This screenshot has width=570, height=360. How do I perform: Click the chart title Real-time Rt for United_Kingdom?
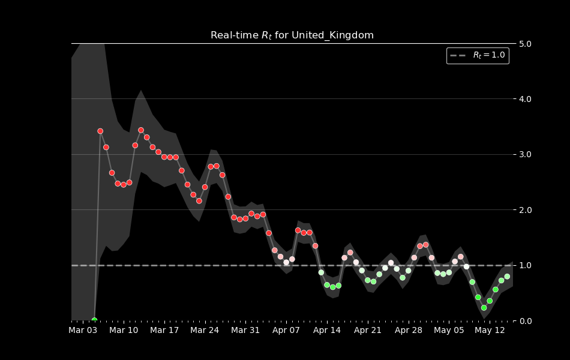pyautogui.click(x=292, y=35)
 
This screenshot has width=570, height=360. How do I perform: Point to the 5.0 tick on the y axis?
pyautogui.click(x=526, y=44)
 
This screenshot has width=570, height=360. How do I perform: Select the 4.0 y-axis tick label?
pyautogui.click(x=526, y=99)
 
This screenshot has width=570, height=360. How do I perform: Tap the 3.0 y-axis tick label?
pyautogui.click(x=526, y=155)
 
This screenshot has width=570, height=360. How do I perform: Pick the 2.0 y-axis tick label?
pyautogui.click(x=526, y=210)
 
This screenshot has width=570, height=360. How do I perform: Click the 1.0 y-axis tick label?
pyautogui.click(x=526, y=265)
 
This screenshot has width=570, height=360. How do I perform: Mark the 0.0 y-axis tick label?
pyautogui.click(x=526, y=321)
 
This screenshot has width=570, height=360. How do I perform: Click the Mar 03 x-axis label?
pyautogui.click(x=83, y=331)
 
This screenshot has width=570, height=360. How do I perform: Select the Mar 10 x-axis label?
pyautogui.click(x=124, y=331)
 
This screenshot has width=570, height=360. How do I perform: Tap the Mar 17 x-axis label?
pyautogui.click(x=164, y=331)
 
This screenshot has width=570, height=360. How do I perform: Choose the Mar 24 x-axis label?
pyautogui.click(x=205, y=331)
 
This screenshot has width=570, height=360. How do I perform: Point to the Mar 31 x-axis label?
pyautogui.click(x=245, y=331)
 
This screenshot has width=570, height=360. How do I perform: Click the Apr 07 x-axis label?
pyautogui.click(x=286, y=331)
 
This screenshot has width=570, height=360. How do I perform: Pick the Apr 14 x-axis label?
pyautogui.click(x=327, y=331)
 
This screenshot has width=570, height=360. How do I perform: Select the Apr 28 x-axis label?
pyautogui.click(x=409, y=331)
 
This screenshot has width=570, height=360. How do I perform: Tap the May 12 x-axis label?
pyautogui.click(x=490, y=331)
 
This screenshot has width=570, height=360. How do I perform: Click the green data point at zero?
pyautogui.click(x=94, y=320)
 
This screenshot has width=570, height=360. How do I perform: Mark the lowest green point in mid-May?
pyautogui.click(x=484, y=308)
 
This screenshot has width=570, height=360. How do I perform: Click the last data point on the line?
pyautogui.click(x=507, y=277)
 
